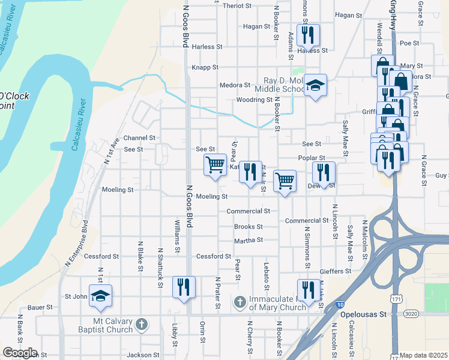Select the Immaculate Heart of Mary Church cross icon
[x=240, y=302]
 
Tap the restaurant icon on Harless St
[x=308, y=35]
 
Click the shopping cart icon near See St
[x=215, y=164]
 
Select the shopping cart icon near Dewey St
[x=285, y=181]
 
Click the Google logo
[x=20, y=353]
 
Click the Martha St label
[x=249, y=240]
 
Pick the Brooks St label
[x=249, y=227]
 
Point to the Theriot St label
[x=237, y=5]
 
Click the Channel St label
[x=139, y=138]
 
